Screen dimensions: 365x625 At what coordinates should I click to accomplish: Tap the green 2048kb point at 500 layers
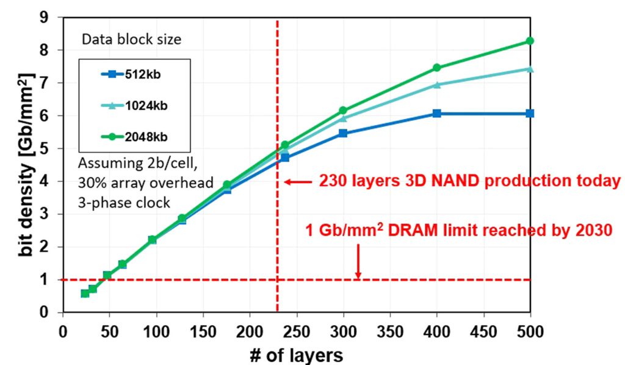530,41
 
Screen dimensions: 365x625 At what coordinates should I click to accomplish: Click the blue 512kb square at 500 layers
530,114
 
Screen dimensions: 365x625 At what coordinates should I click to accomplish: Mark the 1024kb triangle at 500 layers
530,68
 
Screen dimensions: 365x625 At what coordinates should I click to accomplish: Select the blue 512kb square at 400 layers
436,114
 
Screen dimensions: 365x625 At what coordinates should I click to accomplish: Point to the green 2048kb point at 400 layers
436,68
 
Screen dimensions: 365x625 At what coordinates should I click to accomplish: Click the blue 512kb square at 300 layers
342,133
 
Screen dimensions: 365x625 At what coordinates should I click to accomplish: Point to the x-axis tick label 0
62,331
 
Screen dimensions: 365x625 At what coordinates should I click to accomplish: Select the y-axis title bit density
26,164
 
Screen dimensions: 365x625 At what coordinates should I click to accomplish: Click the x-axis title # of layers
296,354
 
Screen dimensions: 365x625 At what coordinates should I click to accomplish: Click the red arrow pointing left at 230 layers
297,182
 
